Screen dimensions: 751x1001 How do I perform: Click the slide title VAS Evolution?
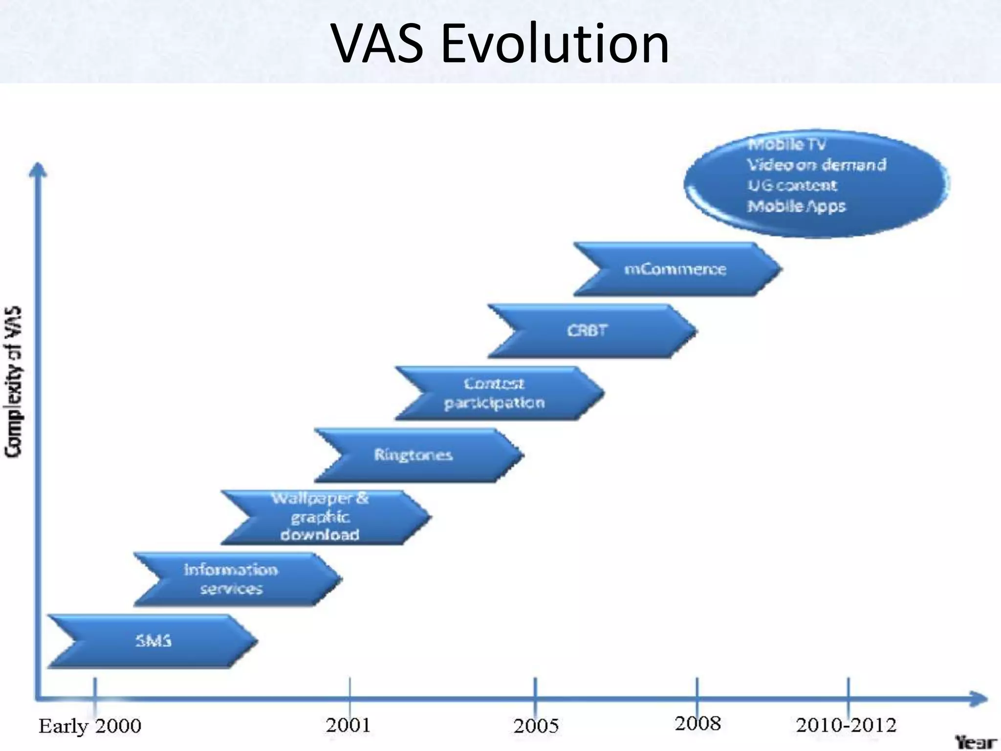[500, 44]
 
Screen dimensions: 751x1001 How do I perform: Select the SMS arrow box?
[153, 641]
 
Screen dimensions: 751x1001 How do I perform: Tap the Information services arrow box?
[231, 579]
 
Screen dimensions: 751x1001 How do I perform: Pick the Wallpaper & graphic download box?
[320, 517]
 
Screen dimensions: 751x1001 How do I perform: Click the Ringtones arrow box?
[413, 455]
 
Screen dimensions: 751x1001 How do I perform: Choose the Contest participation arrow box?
[494, 393]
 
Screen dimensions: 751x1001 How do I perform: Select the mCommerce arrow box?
[675, 269]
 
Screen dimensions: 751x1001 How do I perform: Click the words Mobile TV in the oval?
[787, 145]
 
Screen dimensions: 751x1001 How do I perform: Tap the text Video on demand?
[817, 165]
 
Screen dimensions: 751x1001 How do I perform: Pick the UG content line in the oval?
[792, 186]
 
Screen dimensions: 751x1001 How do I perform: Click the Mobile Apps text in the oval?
[796, 206]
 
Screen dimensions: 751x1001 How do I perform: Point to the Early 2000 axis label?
[90, 726]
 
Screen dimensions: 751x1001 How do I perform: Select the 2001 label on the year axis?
[348, 725]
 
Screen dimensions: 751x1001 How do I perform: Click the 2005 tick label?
[536, 726]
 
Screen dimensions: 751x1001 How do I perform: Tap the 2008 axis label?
[698, 723]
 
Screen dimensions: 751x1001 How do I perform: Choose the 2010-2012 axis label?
[846, 725]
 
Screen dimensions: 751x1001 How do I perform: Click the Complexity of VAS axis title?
[14, 381]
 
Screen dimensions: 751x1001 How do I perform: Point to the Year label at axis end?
[976, 742]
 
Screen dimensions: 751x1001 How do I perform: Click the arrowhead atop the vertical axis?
[38, 169]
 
